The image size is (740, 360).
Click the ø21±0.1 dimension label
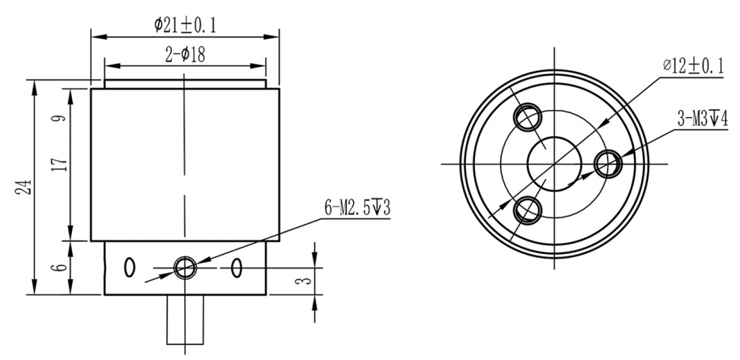point(184,25)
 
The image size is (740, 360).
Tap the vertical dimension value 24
point(26,187)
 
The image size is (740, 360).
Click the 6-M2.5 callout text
point(355,208)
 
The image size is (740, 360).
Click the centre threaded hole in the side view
point(186,267)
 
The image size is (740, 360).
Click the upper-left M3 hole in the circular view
point(526,118)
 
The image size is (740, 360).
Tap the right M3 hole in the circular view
point(608,164)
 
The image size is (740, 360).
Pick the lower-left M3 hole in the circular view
point(526,210)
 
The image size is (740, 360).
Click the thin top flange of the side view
point(184,84)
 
